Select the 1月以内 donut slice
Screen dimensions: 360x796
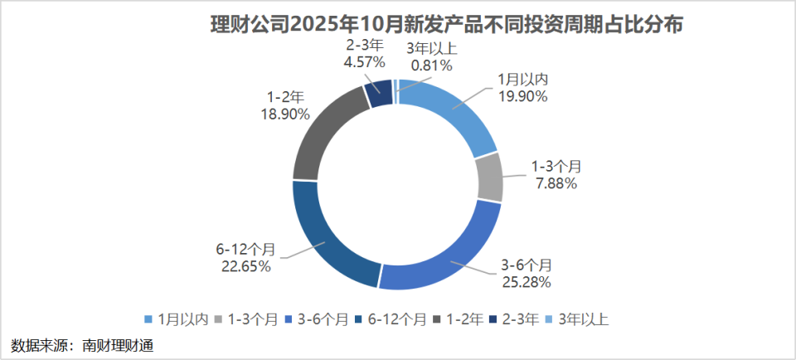click(x=452, y=115)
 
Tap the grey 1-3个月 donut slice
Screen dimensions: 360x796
click(x=490, y=178)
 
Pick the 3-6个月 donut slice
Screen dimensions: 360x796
click(x=448, y=256)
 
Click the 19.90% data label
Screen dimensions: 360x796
click(x=522, y=96)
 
